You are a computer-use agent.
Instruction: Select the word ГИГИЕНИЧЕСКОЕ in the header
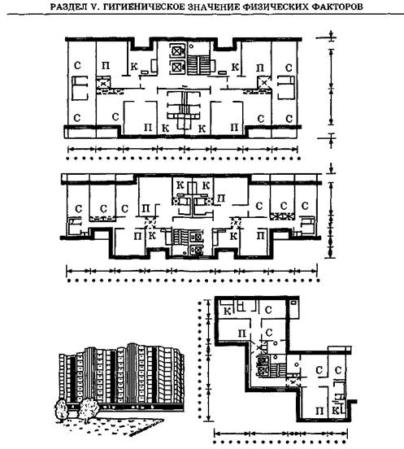143,7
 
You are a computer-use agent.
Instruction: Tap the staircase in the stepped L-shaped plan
278,369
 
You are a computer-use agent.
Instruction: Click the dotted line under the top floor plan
183,159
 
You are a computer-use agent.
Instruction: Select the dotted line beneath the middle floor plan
193,281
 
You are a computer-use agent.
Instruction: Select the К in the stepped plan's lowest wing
337,411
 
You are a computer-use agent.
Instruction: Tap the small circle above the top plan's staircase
191,46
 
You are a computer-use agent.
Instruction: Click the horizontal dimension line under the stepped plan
280,433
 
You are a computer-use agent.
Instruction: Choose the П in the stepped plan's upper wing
242,333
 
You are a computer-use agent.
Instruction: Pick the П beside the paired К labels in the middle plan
221,198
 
